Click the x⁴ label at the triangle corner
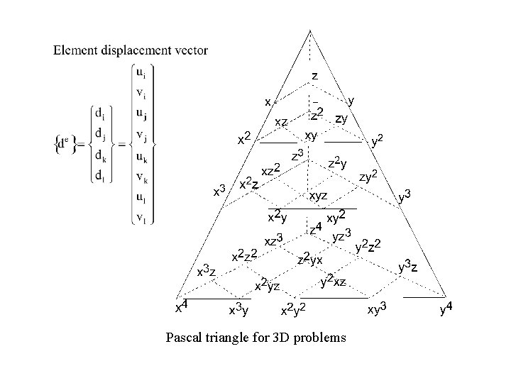(181, 306)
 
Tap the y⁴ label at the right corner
(447, 309)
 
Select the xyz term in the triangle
(317, 194)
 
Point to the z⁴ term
(315, 228)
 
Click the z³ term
(298, 155)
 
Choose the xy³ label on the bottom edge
(375, 309)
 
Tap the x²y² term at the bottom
(293, 309)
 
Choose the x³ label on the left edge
(220, 191)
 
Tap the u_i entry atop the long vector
(142, 74)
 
